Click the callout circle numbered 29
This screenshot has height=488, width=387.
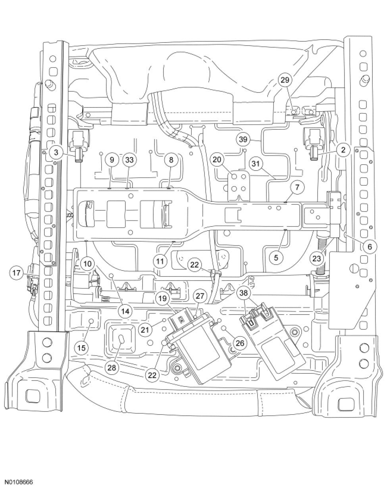coord(285,80)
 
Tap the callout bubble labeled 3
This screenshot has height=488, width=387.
coord(57,152)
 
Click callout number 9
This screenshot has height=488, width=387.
coord(112,160)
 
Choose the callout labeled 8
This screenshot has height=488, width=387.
coord(171,160)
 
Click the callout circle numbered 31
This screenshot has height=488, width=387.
coord(257,163)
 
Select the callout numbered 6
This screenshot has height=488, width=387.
coord(369,246)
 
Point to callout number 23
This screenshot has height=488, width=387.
coord(316,258)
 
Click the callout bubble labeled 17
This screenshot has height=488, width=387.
coord(17,273)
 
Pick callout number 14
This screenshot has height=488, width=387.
coord(125,311)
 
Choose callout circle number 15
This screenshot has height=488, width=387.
coord(81,348)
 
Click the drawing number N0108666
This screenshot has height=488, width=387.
coord(17,482)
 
